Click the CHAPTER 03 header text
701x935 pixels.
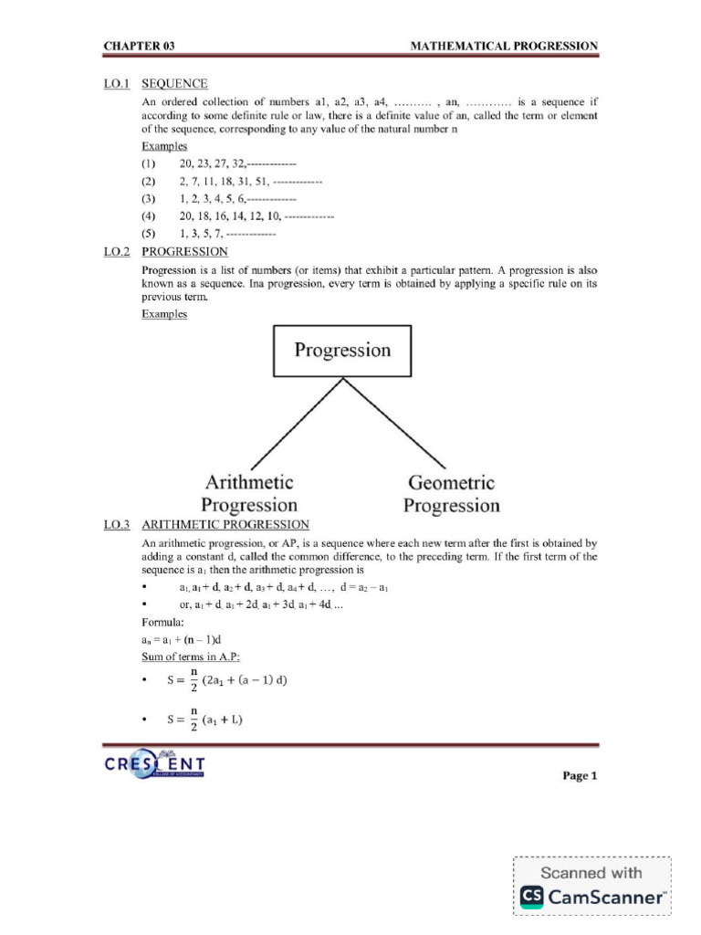(x=138, y=46)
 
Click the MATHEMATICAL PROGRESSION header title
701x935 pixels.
(x=505, y=46)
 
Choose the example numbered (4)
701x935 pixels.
(x=149, y=216)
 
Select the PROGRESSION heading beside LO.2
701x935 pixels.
(x=185, y=251)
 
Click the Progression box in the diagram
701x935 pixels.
(x=342, y=351)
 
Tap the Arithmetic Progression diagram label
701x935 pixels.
(x=249, y=493)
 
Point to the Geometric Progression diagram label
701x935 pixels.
(x=452, y=493)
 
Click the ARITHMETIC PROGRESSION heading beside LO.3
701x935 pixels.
(x=225, y=525)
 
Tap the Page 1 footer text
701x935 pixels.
(x=580, y=776)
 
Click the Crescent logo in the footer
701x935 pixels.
(x=154, y=765)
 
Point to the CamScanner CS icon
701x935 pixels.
(x=532, y=898)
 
